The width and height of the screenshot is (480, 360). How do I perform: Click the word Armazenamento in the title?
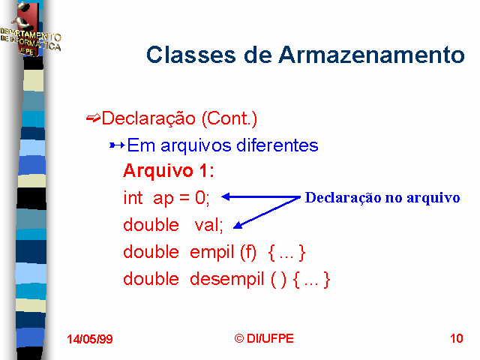pyautogui.click(x=372, y=55)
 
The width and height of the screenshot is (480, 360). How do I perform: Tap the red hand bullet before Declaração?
pyautogui.click(x=93, y=118)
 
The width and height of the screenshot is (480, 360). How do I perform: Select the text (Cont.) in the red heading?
pyautogui.click(x=229, y=118)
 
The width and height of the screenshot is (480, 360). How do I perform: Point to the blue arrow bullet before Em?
pyautogui.click(x=117, y=145)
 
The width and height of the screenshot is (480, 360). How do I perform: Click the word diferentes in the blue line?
pyautogui.click(x=277, y=145)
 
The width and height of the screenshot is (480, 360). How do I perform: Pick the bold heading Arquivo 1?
pyautogui.click(x=168, y=170)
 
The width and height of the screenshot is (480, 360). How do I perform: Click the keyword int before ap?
pyautogui.click(x=133, y=197)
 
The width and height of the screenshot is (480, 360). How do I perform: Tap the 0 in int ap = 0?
pyautogui.click(x=200, y=197)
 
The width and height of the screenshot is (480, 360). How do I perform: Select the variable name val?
pyautogui.click(x=208, y=225)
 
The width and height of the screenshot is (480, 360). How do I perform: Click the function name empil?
pyautogui.click(x=211, y=253)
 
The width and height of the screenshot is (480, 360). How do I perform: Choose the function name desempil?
pyautogui.click(x=226, y=280)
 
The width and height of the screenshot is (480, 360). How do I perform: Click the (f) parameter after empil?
pyautogui.click(x=248, y=253)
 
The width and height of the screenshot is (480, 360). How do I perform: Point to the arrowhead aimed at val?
pyautogui.click(x=238, y=226)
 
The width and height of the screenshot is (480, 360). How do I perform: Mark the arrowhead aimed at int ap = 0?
pyautogui.click(x=226, y=196)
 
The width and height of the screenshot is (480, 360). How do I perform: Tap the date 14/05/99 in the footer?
pyautogui.click(x=90, y=339)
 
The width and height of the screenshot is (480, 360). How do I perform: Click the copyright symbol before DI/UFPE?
pyautogui.click(x=239, y=338)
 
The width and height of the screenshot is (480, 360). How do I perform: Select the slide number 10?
pyautogui.click(x=457, y=338)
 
